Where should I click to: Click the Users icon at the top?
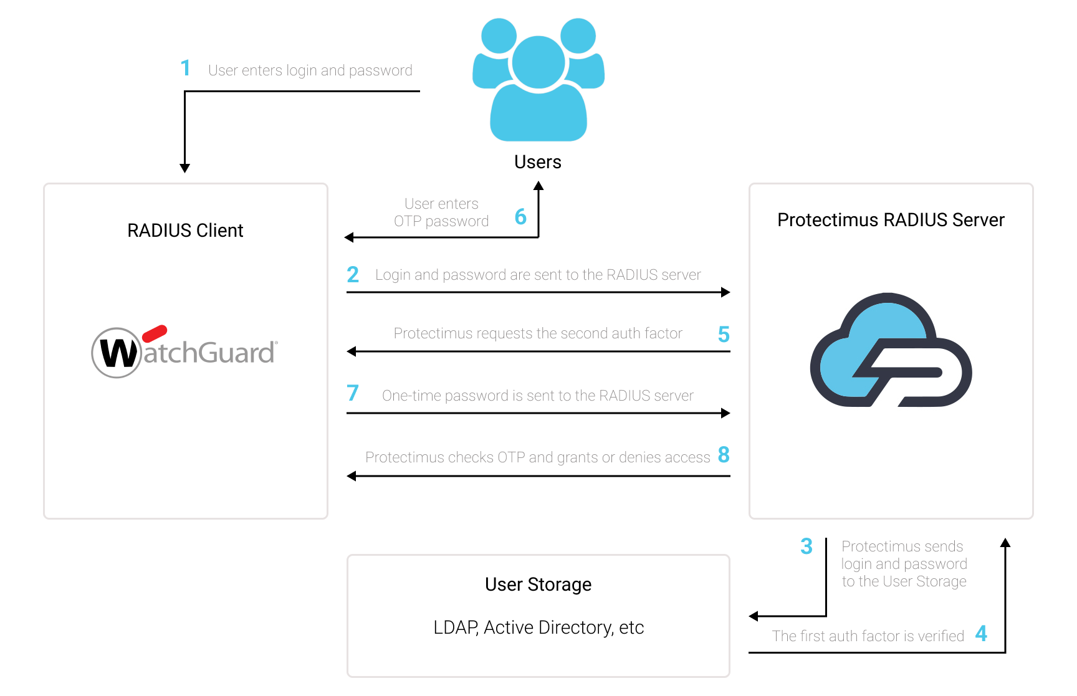coord(538,79)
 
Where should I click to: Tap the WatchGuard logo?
coord(184,351)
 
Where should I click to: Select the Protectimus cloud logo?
coord(891,350)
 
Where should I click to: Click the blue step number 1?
coord(185,68)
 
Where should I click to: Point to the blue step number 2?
coord(353,274)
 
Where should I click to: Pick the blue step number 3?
coord(807,546)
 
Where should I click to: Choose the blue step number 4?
coord(981,634)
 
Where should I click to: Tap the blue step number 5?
coord(724,335)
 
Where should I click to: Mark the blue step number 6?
coord(520,217)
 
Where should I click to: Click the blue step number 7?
coord(353,393)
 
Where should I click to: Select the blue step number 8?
coord(724,455)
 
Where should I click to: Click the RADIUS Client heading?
coord(185,231)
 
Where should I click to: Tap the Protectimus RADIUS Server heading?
coord(891,220)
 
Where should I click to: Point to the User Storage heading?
coord(538,584)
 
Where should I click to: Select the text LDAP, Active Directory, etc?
coord(538,627)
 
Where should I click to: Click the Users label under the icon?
coord(538,162)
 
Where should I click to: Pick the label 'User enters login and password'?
coord(310,70)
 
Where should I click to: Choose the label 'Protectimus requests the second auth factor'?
coord(538,333)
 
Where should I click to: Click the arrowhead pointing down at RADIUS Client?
coord(184,168)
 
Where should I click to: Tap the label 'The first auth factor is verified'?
coord(868,636)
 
